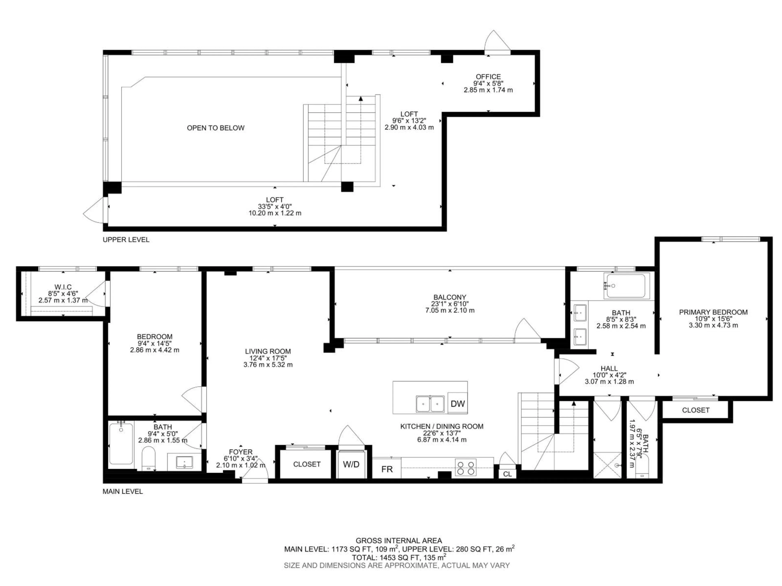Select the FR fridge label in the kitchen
coord(387,469)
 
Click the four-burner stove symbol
coord(465,467)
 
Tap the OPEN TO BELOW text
coord(216,128)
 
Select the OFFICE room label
coord(488,77)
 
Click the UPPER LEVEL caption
coord(126,239)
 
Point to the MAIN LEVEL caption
coord(123,491)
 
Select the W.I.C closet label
coord(63,287)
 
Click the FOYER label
coord(241,452)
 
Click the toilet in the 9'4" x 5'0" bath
coord(148,458)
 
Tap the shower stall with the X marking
coord(607,465)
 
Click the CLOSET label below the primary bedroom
coord(695,410)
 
